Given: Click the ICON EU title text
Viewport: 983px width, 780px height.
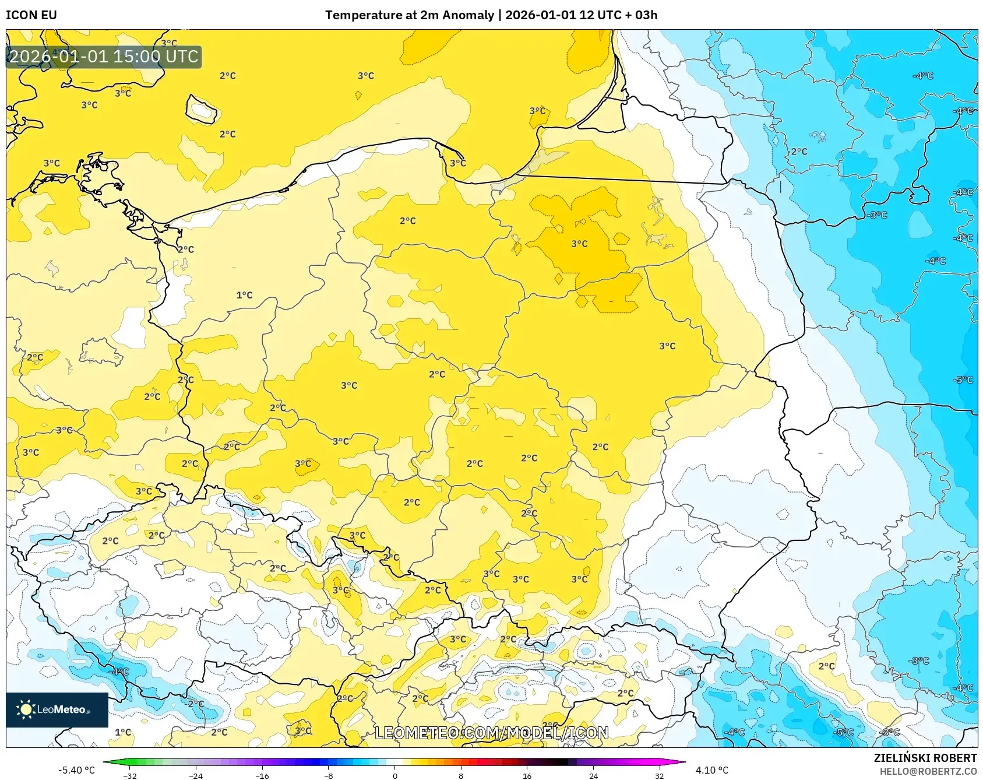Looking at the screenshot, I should (31, 15).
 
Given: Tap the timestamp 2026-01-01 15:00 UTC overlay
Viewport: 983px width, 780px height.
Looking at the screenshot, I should (104, 57).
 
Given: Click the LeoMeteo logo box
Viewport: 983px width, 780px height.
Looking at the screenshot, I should (57, 709).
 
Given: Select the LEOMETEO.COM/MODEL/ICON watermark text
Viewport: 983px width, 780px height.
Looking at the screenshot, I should (491, 733).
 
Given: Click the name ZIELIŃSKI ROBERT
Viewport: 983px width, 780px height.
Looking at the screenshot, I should (925, 758).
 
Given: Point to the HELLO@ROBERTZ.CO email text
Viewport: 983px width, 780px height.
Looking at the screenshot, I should (928, 771).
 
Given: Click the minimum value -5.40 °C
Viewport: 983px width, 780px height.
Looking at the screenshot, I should (76, 770).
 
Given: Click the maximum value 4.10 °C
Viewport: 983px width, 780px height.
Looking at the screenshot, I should (711, 770).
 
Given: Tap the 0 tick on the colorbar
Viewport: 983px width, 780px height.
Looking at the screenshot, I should (395, 776).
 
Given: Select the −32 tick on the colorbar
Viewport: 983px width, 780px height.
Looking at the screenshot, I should (131, 776).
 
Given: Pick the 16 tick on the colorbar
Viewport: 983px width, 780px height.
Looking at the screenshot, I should (527, 776).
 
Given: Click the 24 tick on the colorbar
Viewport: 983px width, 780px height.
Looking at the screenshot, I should (593, 776).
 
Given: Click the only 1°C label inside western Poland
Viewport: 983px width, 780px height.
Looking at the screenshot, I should (244, 295).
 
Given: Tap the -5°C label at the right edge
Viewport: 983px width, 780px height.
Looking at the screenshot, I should (963, 380).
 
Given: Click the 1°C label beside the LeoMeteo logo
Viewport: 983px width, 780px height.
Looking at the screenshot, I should (123, 732).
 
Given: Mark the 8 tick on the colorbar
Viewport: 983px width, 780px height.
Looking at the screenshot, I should (461, 776).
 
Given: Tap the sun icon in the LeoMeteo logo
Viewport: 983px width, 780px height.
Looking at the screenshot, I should (26, 709).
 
